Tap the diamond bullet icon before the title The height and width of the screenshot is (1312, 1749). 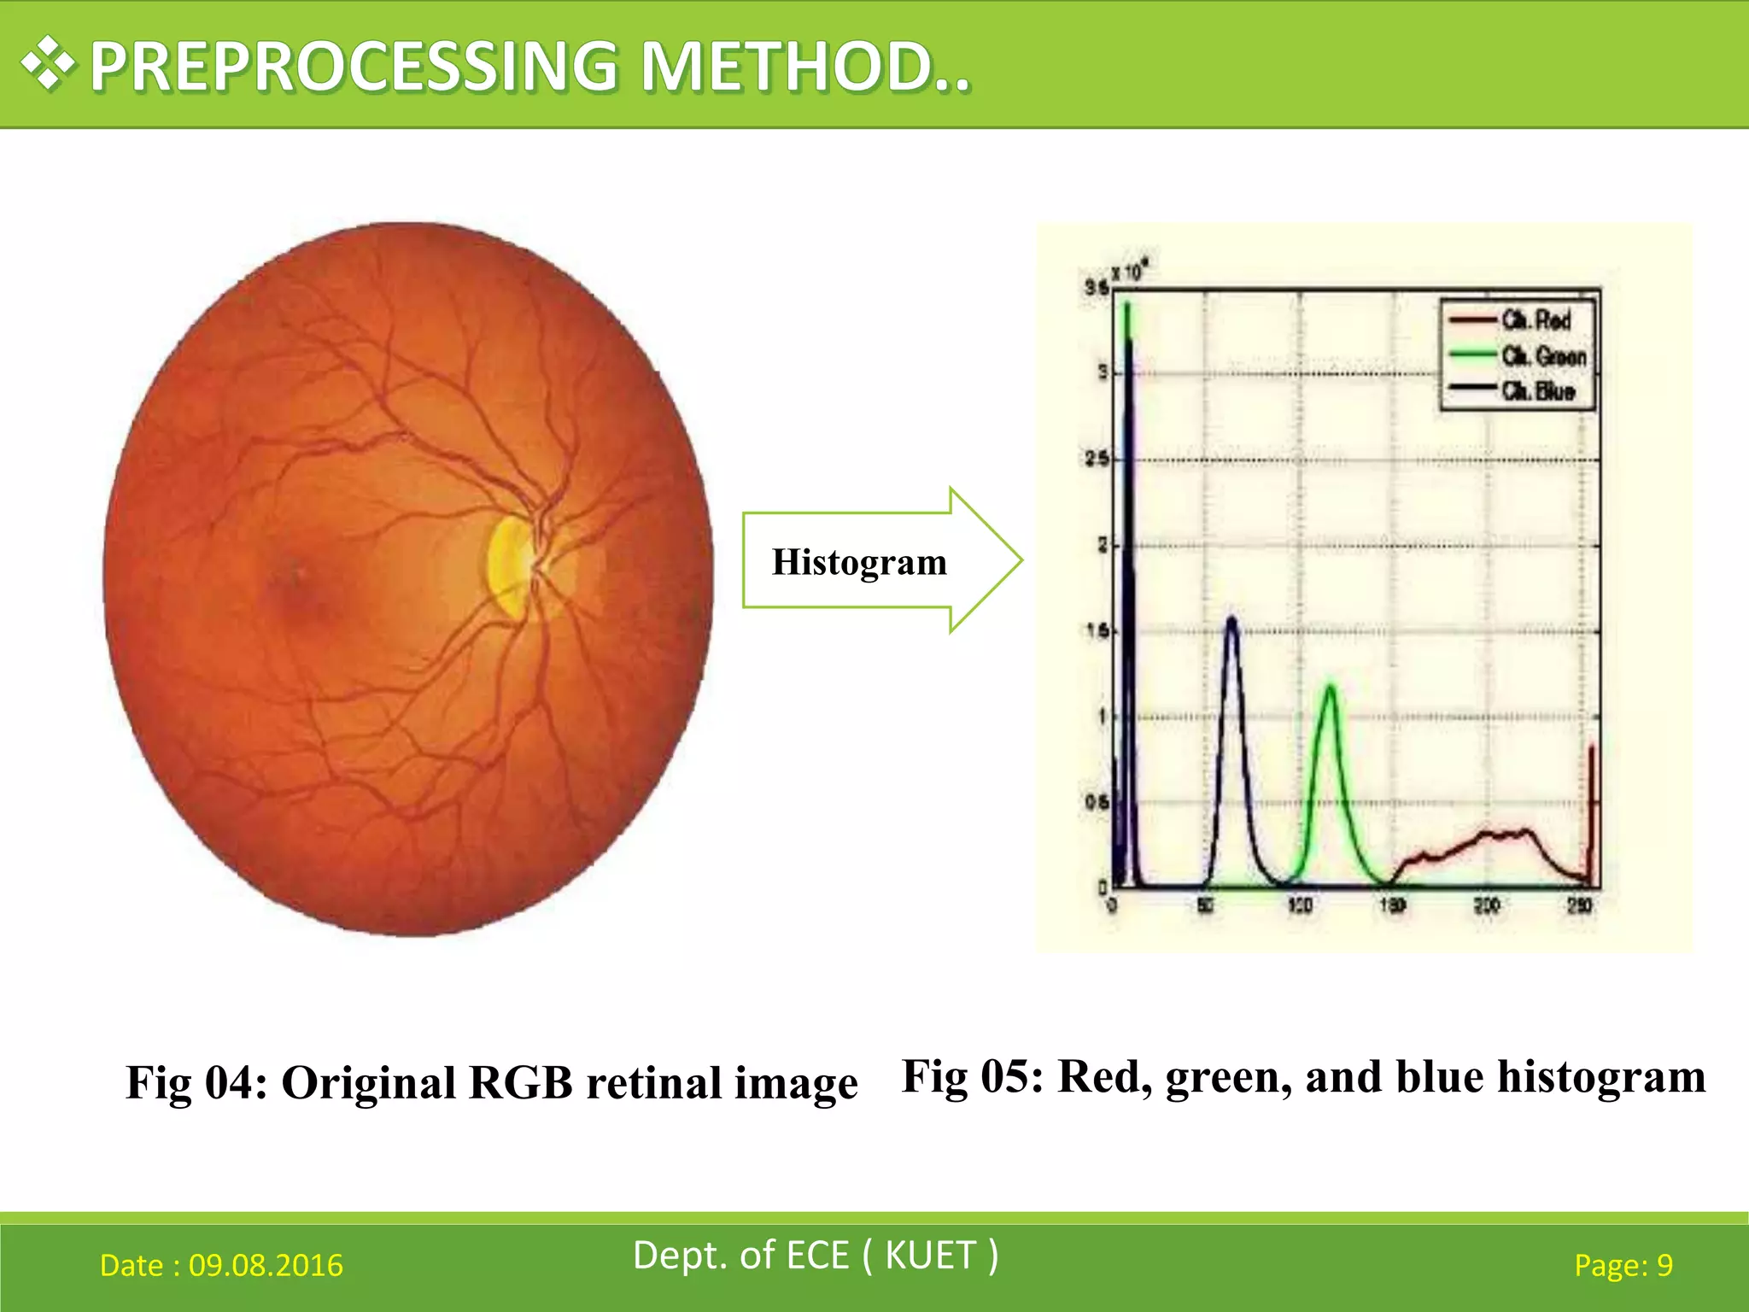[49, 64]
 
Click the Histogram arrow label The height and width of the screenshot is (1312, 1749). [859, 562]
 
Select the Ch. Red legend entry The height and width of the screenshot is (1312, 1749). [1535, 320]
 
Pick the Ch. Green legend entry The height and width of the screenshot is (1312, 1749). [1542, 355]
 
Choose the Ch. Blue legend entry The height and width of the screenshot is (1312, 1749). [1537, 391]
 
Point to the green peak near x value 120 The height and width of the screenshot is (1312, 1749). [1330, 688]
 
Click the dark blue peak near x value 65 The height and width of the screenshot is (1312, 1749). [1231, 620]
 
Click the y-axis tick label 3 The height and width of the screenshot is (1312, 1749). [1103, 372]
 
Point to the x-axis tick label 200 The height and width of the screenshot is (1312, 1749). [1486, 905]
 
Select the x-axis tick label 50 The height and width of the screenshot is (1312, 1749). [1205, 905]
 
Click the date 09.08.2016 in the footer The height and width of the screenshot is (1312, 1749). [266, 1265]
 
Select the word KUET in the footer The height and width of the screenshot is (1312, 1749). [930, 1256]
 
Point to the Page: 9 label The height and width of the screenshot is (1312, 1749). [1623, 1265]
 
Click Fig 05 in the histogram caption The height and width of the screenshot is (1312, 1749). [972, 1076]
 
